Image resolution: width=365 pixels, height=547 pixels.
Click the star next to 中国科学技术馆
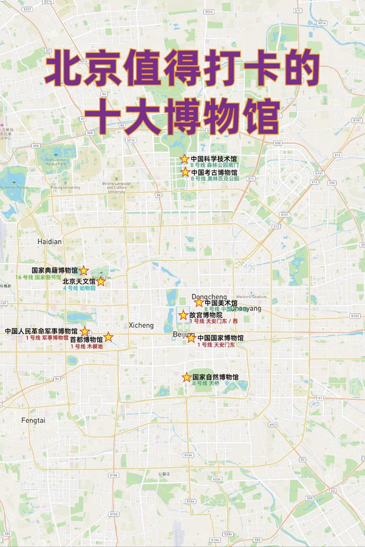click(x=184, y=159)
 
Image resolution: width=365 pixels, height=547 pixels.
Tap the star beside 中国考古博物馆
click(x=185, y=172)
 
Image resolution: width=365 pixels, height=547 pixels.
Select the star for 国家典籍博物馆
click(x=84, y=270)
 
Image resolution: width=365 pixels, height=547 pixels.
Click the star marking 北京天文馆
click(x=101, y=281)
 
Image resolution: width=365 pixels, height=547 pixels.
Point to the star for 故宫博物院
click(x=183, y=315)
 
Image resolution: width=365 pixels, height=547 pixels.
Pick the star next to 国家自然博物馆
click(x=187, y=377)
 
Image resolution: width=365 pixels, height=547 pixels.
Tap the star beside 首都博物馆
click(x=108, y=337)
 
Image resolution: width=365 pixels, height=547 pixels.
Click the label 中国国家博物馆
click(x=220, y=338)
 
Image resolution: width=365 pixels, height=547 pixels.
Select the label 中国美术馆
click(x=221, y=303)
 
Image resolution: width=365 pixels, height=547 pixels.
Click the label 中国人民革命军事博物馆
click(x=41, y=331)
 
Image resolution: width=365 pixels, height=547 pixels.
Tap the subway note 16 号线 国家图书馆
click(x=38, y=277)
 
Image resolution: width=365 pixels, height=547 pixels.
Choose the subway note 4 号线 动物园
click(x=79, y=288)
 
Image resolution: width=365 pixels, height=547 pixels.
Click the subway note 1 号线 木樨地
click(x=87, y=346)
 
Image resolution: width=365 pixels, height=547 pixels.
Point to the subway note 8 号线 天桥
click(x=206, y=383)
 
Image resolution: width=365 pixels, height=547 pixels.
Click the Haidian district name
click(x=49, y=242)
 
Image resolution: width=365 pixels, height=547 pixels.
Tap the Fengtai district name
click(x=33, y=420)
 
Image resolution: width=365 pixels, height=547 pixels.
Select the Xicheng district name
click(x=141, y=325)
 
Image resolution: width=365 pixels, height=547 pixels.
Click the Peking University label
click(x=66, y=187)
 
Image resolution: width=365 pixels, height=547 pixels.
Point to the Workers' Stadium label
click(x=251, y=297)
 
